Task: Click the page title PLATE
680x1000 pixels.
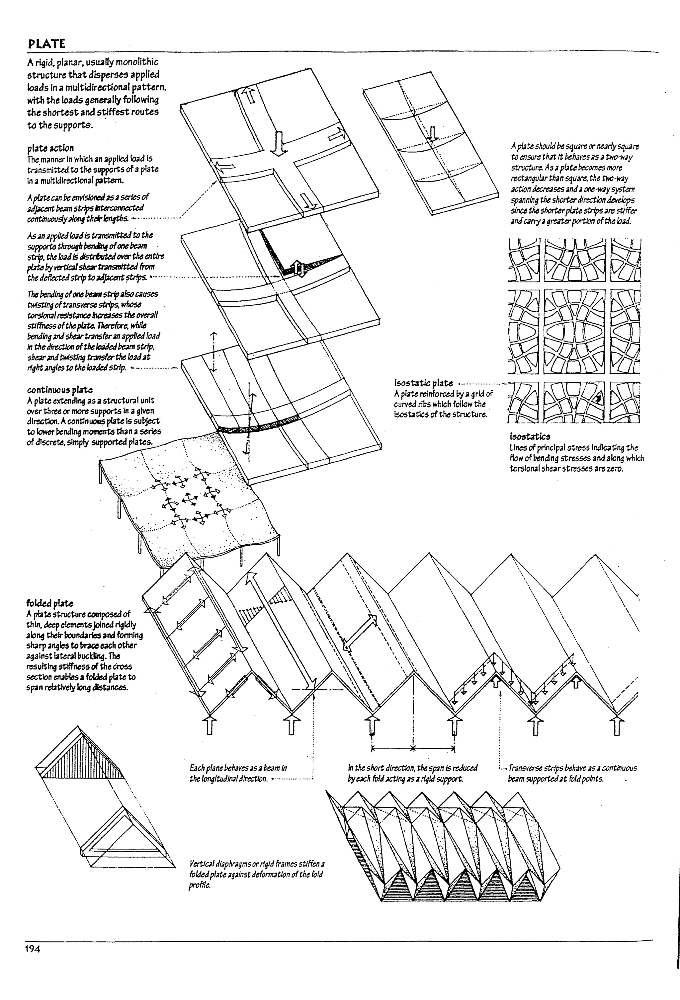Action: [46, 44]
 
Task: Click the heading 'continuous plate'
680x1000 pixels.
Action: [59, 390]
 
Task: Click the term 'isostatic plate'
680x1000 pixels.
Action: [423, 383]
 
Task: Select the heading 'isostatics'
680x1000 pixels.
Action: [530, 437]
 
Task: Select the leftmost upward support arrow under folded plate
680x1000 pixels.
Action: [209, 724]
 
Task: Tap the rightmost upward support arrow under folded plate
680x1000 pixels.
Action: [618, 724]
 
